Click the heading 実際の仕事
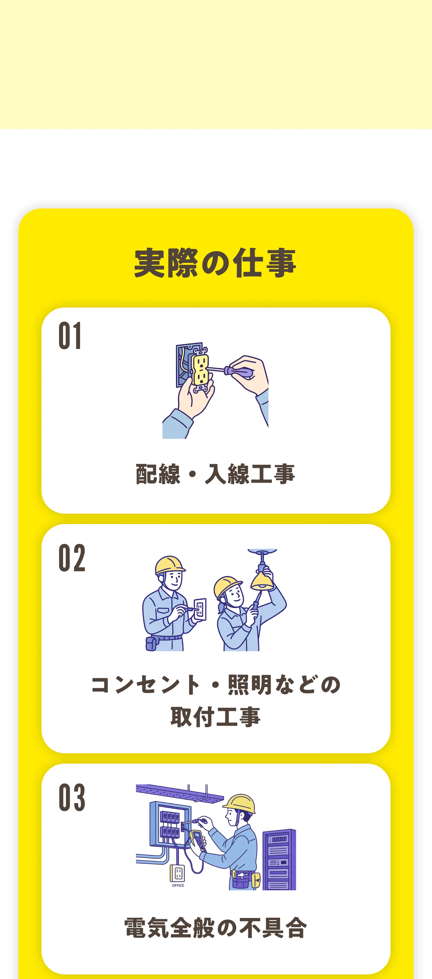pos(215,263)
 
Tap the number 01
pos(70,335)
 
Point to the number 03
pos(72,797)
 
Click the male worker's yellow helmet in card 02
pos(170,565)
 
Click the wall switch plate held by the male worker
pos(200,610)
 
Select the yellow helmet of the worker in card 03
pos(240,803)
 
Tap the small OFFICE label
pos(178,885)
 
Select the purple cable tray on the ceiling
pos(179,792)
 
